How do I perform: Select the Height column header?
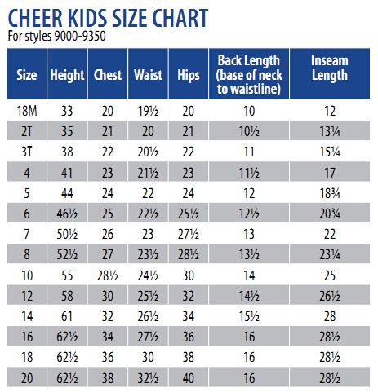coord(67,75)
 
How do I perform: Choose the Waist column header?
coord(148,75)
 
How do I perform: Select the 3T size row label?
coord(27,152)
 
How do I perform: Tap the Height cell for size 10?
coord(67,275)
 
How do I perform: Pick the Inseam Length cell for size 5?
coord(331,192)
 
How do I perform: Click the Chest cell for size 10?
coord(107,275)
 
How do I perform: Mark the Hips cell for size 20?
coord(189,377)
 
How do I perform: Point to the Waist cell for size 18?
coord(148,357)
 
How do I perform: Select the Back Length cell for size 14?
coord(249,316)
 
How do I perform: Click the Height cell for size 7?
coord(67,234)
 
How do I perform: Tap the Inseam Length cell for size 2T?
coord(331,131)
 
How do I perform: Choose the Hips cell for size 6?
coord(189,214)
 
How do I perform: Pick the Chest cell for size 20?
coord(107,377)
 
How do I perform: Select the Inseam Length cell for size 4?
coord(331,172)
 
